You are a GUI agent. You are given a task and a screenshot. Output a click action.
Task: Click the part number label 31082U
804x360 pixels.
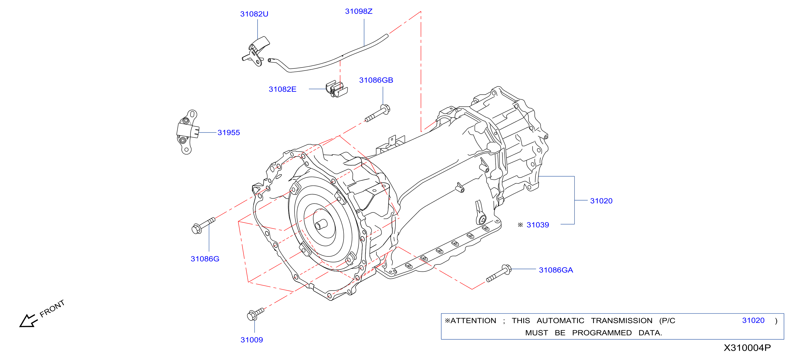tap(254, 14)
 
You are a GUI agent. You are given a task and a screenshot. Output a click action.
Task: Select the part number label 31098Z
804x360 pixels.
tap(359, 11)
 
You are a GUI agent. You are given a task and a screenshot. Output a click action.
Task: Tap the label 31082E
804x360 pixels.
tap(282, 89)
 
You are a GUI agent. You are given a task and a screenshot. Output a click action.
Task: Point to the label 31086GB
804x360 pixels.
tap(376, 80)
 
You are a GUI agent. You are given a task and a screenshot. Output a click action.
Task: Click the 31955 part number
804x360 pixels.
tap(229, 133)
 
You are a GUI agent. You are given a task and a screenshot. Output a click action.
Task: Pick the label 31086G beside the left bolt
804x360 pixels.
tap(205, 259)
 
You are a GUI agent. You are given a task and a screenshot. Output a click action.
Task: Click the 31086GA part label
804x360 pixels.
tap(556, 270)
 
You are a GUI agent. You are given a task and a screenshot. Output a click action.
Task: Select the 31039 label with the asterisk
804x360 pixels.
tap(533, 225)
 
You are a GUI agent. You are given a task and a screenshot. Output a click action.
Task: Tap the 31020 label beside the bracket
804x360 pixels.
tap(601, 201)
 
